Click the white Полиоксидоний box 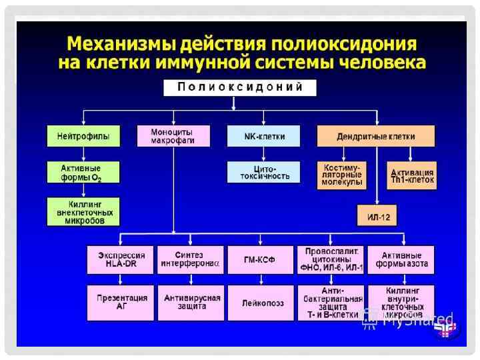(240, 87)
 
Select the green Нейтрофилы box (83, 136)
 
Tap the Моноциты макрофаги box (173, 136)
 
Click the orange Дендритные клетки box (376, 136)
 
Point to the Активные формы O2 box (83, 171)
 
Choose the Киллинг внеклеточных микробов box (83, 212)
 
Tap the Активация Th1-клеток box (412, 175)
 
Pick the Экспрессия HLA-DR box (121, 259)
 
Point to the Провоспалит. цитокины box (331, 259)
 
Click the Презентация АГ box (121, 302)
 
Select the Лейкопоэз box (260, 302)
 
